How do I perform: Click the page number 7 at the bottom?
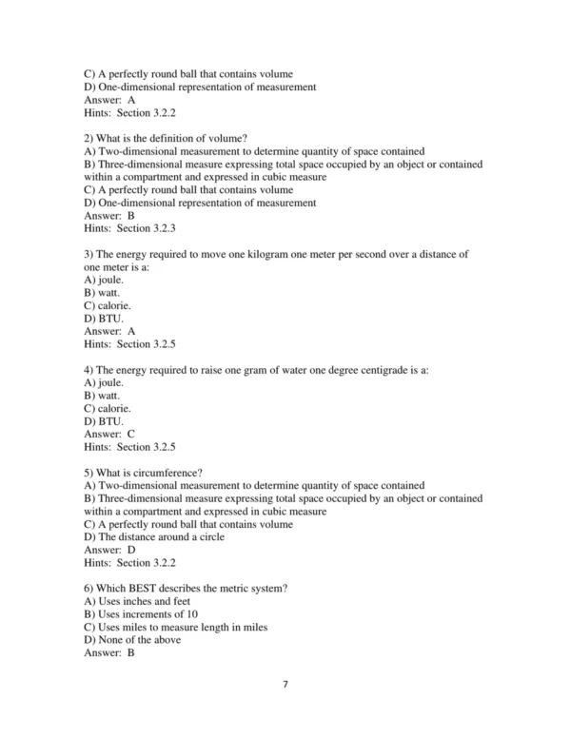(x=285, y=709)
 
